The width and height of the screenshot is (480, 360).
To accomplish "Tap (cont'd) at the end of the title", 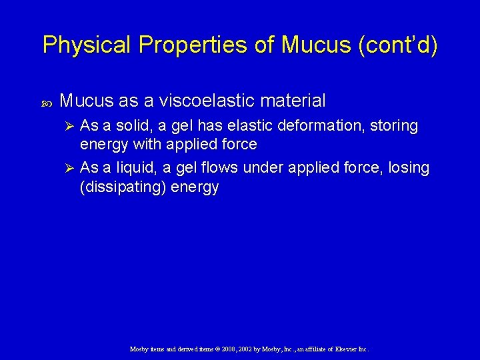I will click(398, 45).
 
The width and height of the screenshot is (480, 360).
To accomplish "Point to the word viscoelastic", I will click(211, 101).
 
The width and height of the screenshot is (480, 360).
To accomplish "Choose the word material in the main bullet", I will click(294, 101).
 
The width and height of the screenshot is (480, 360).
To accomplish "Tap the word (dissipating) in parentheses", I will click(122, 187).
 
